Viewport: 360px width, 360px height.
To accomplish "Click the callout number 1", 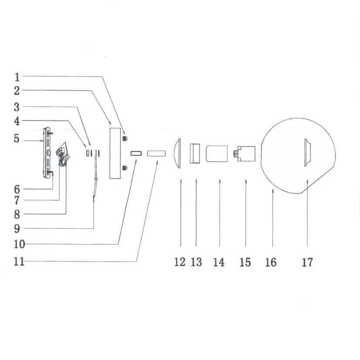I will [17, 78].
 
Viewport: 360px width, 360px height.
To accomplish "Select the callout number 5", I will [17, 139].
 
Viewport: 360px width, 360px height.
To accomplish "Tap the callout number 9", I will [17, 228].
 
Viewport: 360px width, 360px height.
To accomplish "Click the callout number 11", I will [18, 262].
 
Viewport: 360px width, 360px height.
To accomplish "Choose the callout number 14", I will [219, 262].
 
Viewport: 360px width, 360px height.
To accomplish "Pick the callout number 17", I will [307, 262].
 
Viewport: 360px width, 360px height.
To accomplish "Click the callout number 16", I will [271, 262].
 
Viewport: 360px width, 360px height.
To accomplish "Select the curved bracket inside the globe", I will [307, 152].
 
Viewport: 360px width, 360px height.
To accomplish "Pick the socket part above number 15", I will [244, 153].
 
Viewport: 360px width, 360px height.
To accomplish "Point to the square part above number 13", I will [195, 153].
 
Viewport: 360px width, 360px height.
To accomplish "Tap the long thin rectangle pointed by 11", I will [156, 153].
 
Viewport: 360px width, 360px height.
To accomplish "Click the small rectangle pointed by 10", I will [136, 153].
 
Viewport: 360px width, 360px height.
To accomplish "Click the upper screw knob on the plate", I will [125, 138].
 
